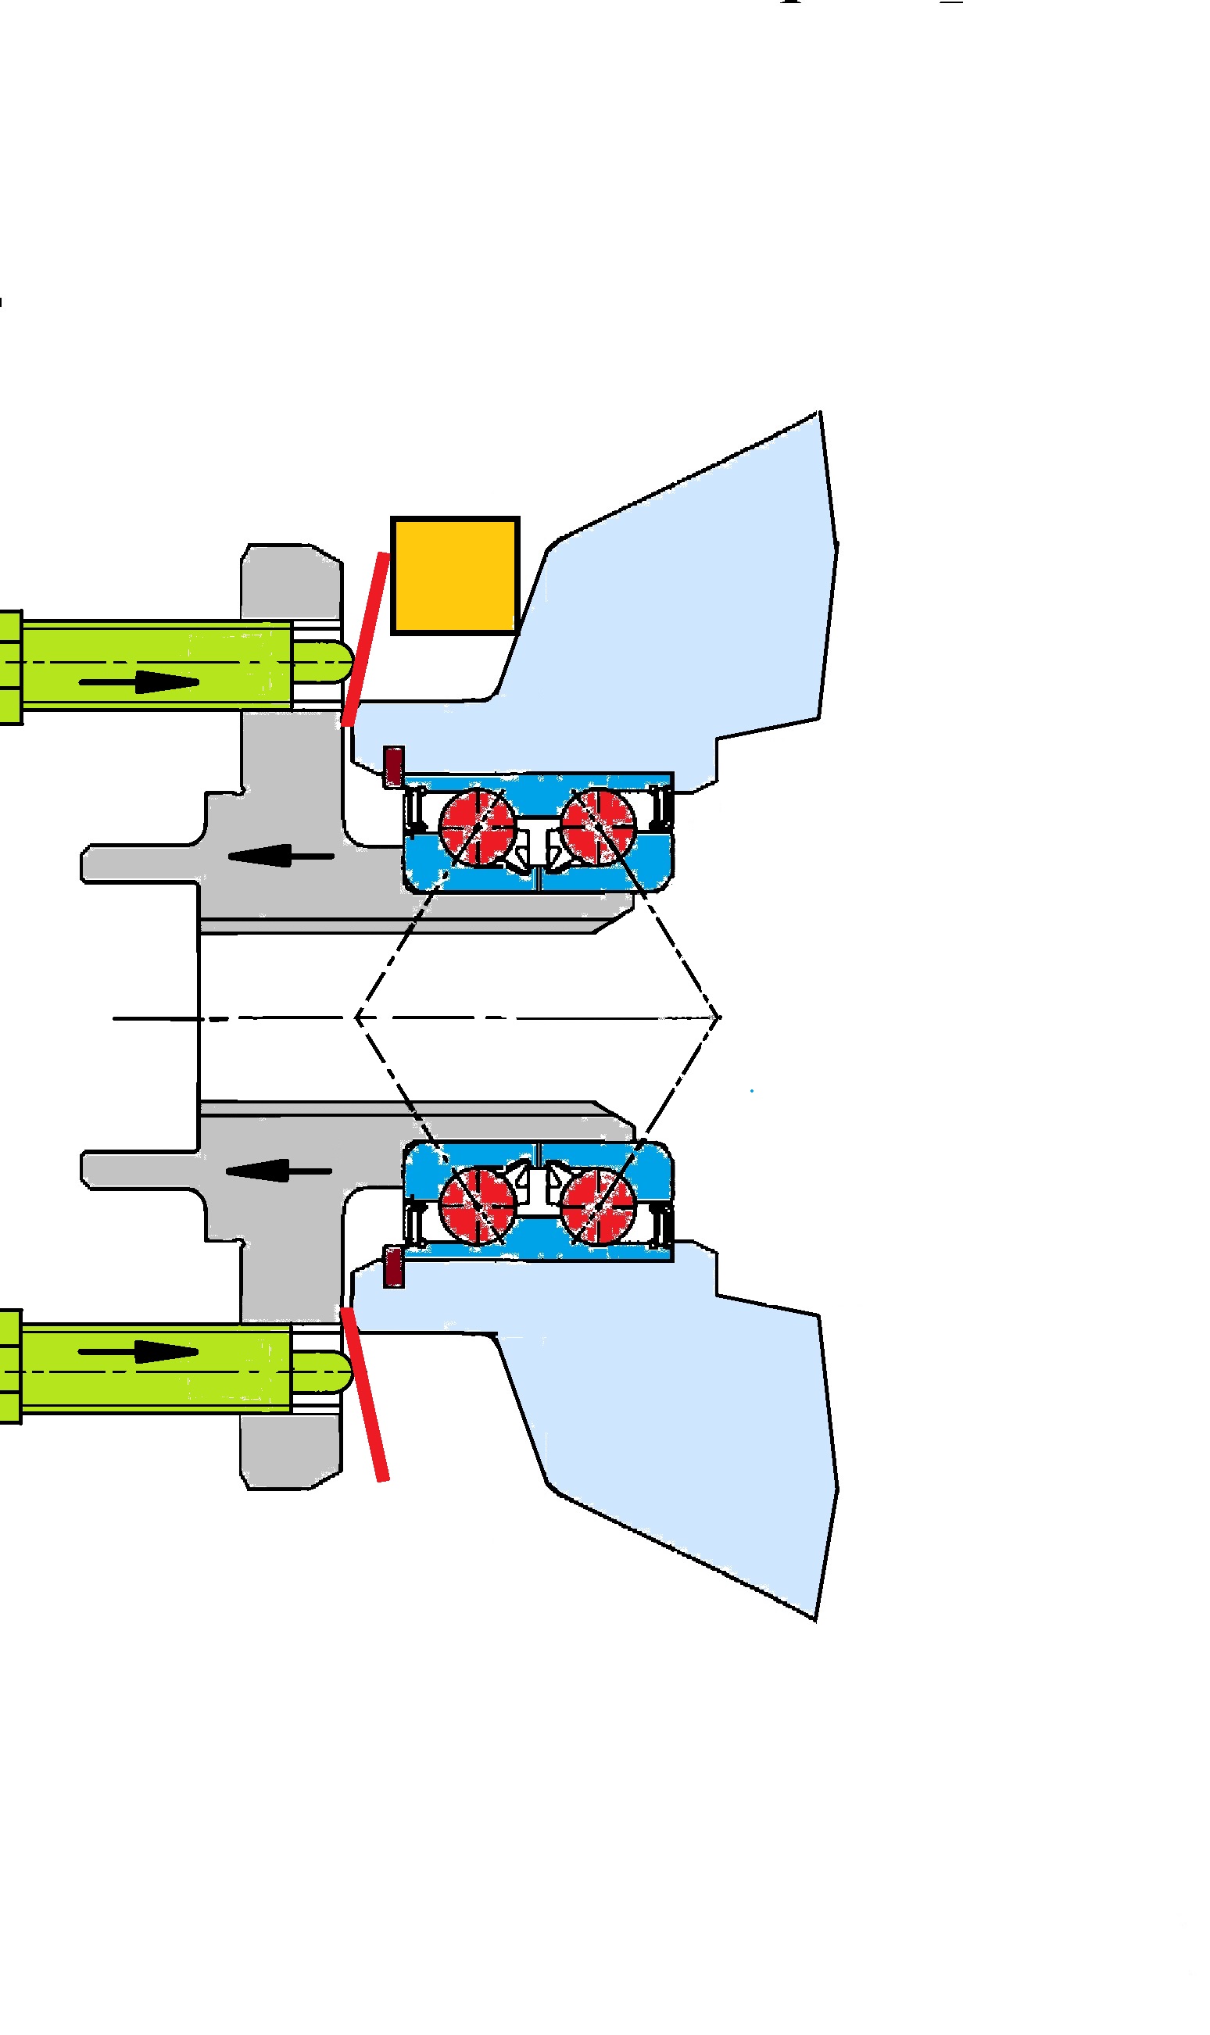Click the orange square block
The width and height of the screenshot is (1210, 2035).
[x=454, y=575]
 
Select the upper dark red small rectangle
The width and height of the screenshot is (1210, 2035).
[x=394, y=766]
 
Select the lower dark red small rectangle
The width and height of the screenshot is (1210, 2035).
[x=394, y=1267]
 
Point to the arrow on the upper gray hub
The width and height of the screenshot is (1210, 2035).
[x=281, y=856]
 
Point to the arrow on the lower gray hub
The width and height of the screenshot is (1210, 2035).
[x=279, y=1171]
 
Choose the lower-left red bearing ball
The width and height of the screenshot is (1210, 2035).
[x=477, y=1203]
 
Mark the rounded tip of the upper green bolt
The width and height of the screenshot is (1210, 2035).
[x=336, y=662]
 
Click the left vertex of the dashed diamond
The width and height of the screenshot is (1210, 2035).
[x=356, y=1017]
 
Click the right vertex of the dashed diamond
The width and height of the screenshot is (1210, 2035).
[x=719, y=1017]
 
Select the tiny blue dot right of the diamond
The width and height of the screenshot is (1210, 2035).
[x=751, y=1090]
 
